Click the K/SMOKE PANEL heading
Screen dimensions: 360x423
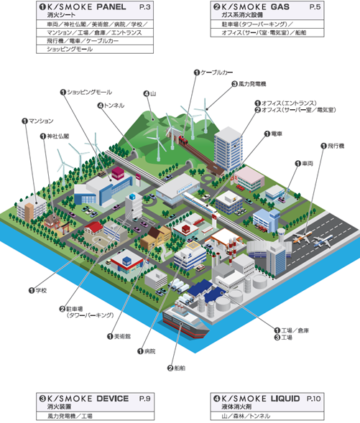pos(86,6)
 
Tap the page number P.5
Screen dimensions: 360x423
pos(315,6)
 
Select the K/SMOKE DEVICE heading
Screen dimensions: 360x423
pos(88,399)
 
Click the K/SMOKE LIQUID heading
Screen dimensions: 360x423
pos(260,399)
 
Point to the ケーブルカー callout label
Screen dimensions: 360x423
pos(216,73)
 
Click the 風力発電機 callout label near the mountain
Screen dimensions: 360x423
pos(252,84)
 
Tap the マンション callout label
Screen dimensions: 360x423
pos(41,121)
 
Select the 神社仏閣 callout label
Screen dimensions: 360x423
pos(58,136)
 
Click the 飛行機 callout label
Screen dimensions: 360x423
pos(336,146)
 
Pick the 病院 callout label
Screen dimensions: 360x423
pos(149,351)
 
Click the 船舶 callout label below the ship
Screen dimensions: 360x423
pos(180,368)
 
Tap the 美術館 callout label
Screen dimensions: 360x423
pos(122,336)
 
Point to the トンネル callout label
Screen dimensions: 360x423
pos(114,105)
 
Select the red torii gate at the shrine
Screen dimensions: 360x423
pos(66,228)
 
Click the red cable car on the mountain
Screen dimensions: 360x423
pos(183,139)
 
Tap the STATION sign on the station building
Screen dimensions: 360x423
pos(185,188)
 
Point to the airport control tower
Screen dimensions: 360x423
pos(281,236)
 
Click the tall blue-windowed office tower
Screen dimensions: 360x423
pos(229,149)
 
